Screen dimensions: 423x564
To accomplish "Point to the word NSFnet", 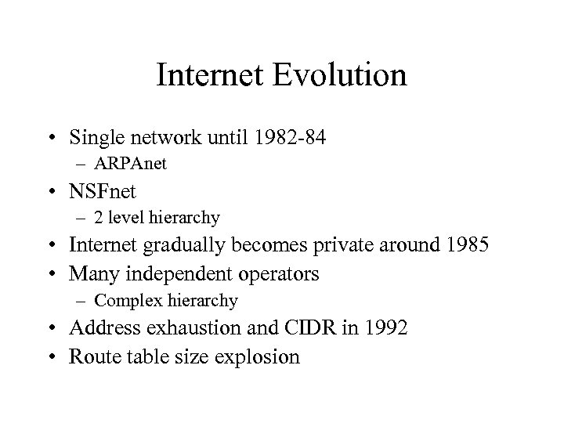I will pos(101,192).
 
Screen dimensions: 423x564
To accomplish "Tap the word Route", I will pos(90,356).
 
